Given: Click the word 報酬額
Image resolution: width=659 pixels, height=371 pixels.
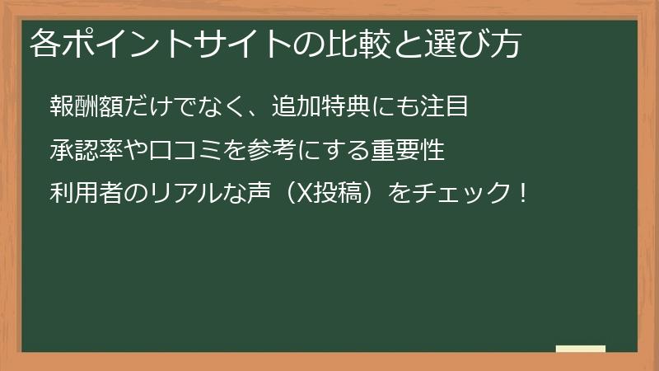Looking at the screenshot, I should click(x=86, y=107).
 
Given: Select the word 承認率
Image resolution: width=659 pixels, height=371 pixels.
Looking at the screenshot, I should click(x=86, y=152).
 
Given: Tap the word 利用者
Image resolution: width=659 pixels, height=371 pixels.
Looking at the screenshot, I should click(x=86, y=195).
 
